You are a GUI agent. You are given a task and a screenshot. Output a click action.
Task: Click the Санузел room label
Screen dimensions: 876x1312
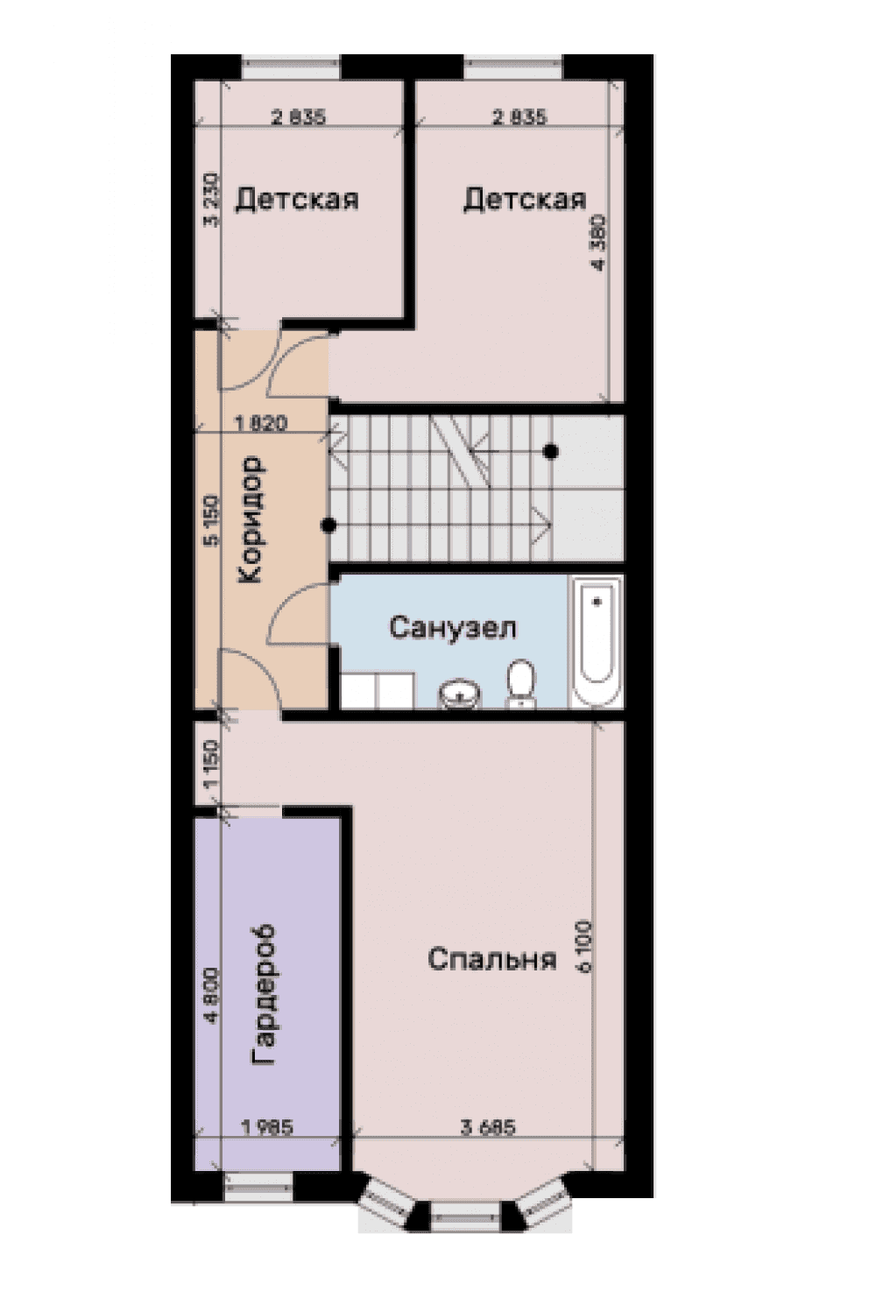click(x=452, y=627)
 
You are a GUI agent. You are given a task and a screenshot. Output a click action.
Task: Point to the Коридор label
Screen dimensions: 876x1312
click(x=251, y=519)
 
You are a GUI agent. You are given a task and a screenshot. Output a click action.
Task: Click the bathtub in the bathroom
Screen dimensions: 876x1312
click(x=597, y=641)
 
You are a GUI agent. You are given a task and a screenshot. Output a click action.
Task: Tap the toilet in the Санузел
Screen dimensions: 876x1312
click(x=519, y=681)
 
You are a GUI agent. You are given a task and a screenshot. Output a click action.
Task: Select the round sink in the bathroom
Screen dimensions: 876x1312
click(x=459, y=694)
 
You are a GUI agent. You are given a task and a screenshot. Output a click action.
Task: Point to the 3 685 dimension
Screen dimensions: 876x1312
click(x=488, y=1127)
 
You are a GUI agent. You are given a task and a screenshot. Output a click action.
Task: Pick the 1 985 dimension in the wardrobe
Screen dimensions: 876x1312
click(x=266, y=1127)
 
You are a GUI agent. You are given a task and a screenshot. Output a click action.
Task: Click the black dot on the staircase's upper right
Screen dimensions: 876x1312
click(x=550, y=452)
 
